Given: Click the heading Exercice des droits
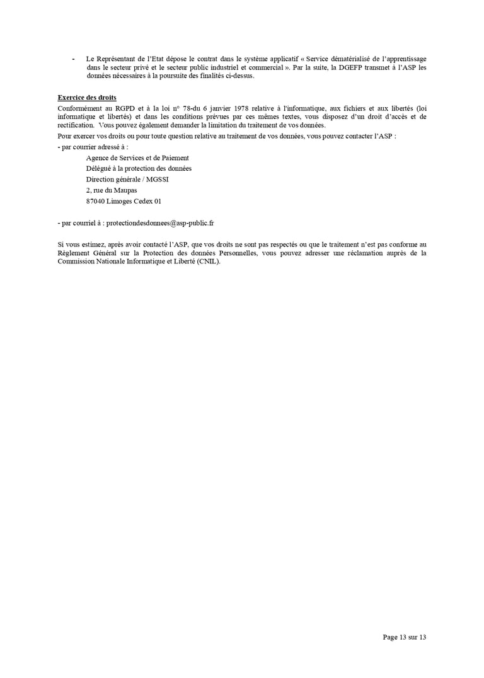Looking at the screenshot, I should (82, 98).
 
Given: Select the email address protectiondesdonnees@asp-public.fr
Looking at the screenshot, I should (160, 223).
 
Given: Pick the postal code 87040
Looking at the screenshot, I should (96, 201).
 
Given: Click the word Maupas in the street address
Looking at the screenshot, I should (125, 190).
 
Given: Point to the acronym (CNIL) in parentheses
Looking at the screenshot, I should (207, 261).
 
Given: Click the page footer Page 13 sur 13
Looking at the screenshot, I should (405, 637).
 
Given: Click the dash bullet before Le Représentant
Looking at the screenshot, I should (73, 59).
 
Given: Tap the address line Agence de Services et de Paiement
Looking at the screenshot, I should (137, 158).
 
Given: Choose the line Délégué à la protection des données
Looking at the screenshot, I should (139, 168).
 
